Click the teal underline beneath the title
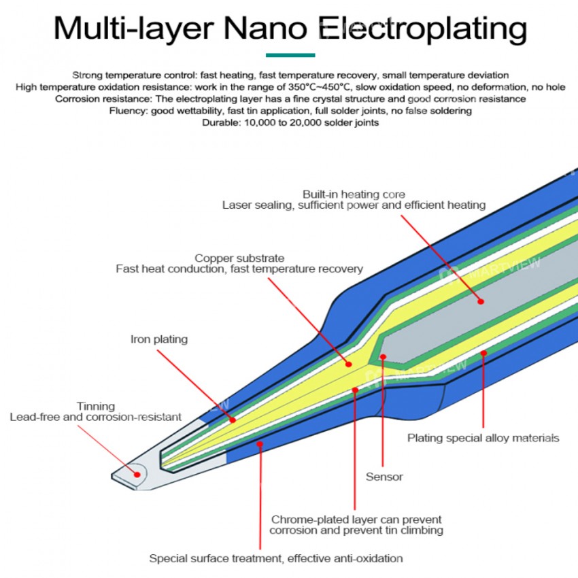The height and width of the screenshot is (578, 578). (x=290, y=55)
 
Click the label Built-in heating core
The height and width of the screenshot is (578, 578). (x=354, y=194)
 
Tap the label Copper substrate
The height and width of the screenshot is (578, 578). (x=239, y=258)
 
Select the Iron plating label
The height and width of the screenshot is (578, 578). (x=159, y=339)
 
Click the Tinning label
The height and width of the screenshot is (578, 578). (x=96, y=406)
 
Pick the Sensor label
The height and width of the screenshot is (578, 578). (x=384, y=477)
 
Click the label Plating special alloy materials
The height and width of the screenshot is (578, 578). (x=483, y=438)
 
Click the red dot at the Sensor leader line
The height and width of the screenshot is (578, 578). (x=384, y=356)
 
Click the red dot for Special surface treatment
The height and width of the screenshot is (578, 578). (x=259, y=443)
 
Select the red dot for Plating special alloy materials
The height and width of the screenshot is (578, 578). (x=483, y=353)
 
